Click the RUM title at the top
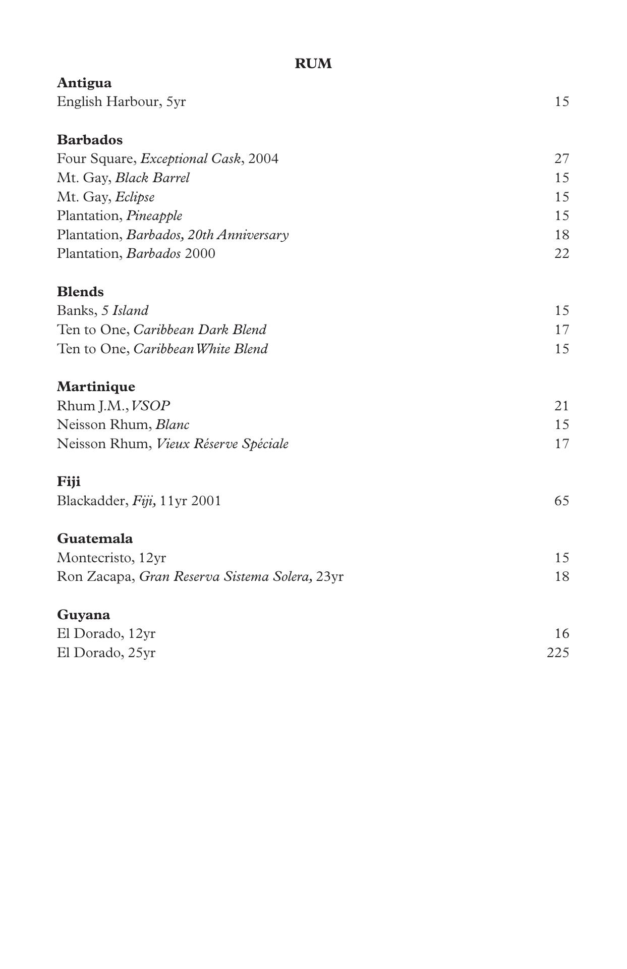point(313,64)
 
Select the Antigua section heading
point(84,83)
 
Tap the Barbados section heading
point(90,140)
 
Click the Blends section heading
point(80,292)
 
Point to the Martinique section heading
point(96,387)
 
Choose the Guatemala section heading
point(95,539)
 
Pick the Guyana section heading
point(83,615)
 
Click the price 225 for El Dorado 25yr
point(558,653)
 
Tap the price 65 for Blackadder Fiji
point(562,501)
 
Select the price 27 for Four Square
point(562,159)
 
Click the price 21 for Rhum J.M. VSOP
point(562,406)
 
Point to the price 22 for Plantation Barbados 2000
point(562,254)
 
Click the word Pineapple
point(154,216)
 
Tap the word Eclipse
point(135,197)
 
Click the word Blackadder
point(91,501)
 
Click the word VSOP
point(150,406)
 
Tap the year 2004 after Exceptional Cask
point(263,159)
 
